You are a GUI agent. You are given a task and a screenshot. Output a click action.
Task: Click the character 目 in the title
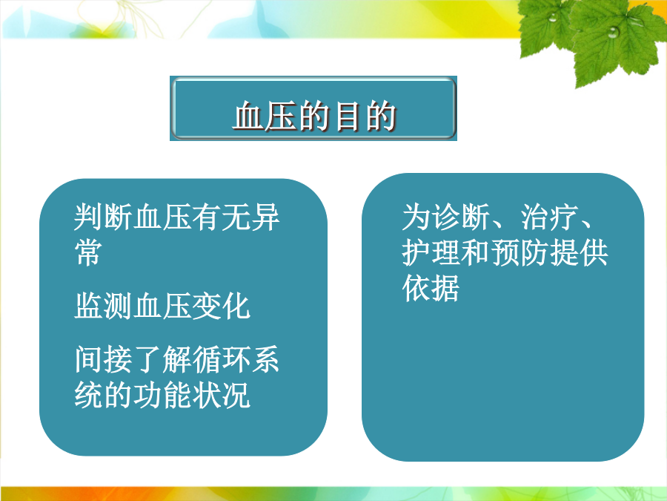347,116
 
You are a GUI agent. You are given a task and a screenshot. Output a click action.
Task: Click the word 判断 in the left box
103,217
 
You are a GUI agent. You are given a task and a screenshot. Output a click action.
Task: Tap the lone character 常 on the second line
89,252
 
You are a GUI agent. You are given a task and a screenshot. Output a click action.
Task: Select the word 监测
103,306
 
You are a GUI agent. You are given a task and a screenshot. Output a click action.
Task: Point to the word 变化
221,306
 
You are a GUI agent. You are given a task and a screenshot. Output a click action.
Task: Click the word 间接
103,359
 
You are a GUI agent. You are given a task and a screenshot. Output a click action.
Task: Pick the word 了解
162,359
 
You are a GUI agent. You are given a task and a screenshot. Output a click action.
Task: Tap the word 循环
221,359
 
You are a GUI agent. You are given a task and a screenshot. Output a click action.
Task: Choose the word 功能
162,395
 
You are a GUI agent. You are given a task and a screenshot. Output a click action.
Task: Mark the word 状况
221,395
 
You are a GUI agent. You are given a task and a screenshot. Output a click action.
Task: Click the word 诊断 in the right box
461,217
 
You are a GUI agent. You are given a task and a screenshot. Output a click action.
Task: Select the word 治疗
549,217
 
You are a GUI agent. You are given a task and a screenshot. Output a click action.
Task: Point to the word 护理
431,252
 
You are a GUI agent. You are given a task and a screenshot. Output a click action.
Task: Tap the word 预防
520,252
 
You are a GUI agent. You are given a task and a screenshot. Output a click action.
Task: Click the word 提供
579,252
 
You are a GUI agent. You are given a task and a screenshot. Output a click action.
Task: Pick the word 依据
431,288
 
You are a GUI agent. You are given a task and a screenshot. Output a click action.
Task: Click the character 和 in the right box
476,252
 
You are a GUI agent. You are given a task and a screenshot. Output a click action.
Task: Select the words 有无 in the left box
221,217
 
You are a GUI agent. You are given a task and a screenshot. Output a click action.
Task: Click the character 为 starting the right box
417,217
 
